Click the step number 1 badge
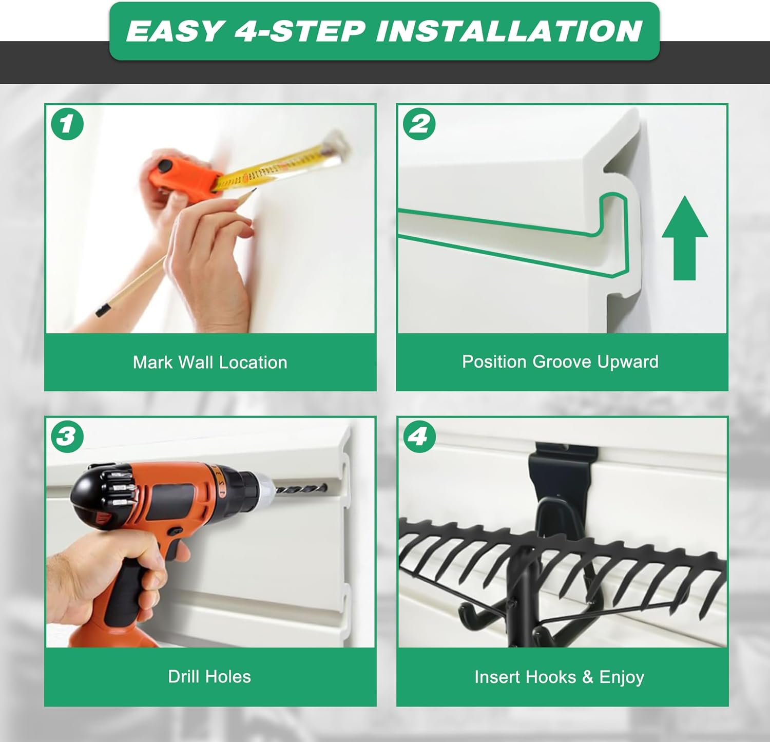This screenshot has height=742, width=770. click(x=67, y=124)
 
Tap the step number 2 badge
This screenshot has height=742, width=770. click(x=419, y=124)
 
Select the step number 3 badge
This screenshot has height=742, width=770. click(x=67, y=436)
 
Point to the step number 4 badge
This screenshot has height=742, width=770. click(x=419, y=436)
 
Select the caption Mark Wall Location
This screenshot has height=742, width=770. click(x=210, y=363)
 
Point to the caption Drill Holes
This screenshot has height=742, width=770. click(x=209, y=676)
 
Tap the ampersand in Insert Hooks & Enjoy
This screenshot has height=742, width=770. click(x=588, y=677)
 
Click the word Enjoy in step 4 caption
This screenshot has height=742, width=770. click(x=622, y=677)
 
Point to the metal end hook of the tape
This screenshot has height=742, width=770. click(x=336, y=142)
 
